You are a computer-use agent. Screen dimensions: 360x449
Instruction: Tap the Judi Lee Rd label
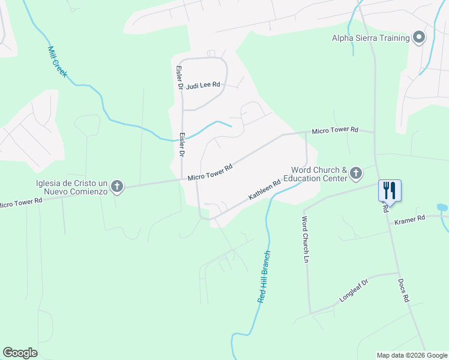point(203,86)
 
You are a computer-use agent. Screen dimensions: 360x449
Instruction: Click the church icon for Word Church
point(356,174)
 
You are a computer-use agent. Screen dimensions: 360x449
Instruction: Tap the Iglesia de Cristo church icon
point(117,187)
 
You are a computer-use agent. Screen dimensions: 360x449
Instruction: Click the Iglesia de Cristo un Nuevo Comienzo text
point(71,187)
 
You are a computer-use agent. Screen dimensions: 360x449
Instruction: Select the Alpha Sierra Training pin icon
point(419,38)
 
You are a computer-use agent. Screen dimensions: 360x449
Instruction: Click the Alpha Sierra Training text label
point(370,38)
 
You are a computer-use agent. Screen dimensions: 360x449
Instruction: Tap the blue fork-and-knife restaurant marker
point(390,191)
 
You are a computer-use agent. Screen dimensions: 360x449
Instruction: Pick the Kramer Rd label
point(409,221)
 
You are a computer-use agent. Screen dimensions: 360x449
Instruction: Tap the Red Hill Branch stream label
point(264,276)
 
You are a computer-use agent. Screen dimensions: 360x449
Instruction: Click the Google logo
point(20,353)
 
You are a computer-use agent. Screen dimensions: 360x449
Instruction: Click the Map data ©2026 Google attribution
point(411,355)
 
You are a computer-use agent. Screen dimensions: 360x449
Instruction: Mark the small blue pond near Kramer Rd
point(442,208)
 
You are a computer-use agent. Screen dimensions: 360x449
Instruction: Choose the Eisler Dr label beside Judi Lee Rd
point(178,78)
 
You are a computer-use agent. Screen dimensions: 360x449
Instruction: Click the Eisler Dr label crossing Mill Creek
point(181,145)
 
